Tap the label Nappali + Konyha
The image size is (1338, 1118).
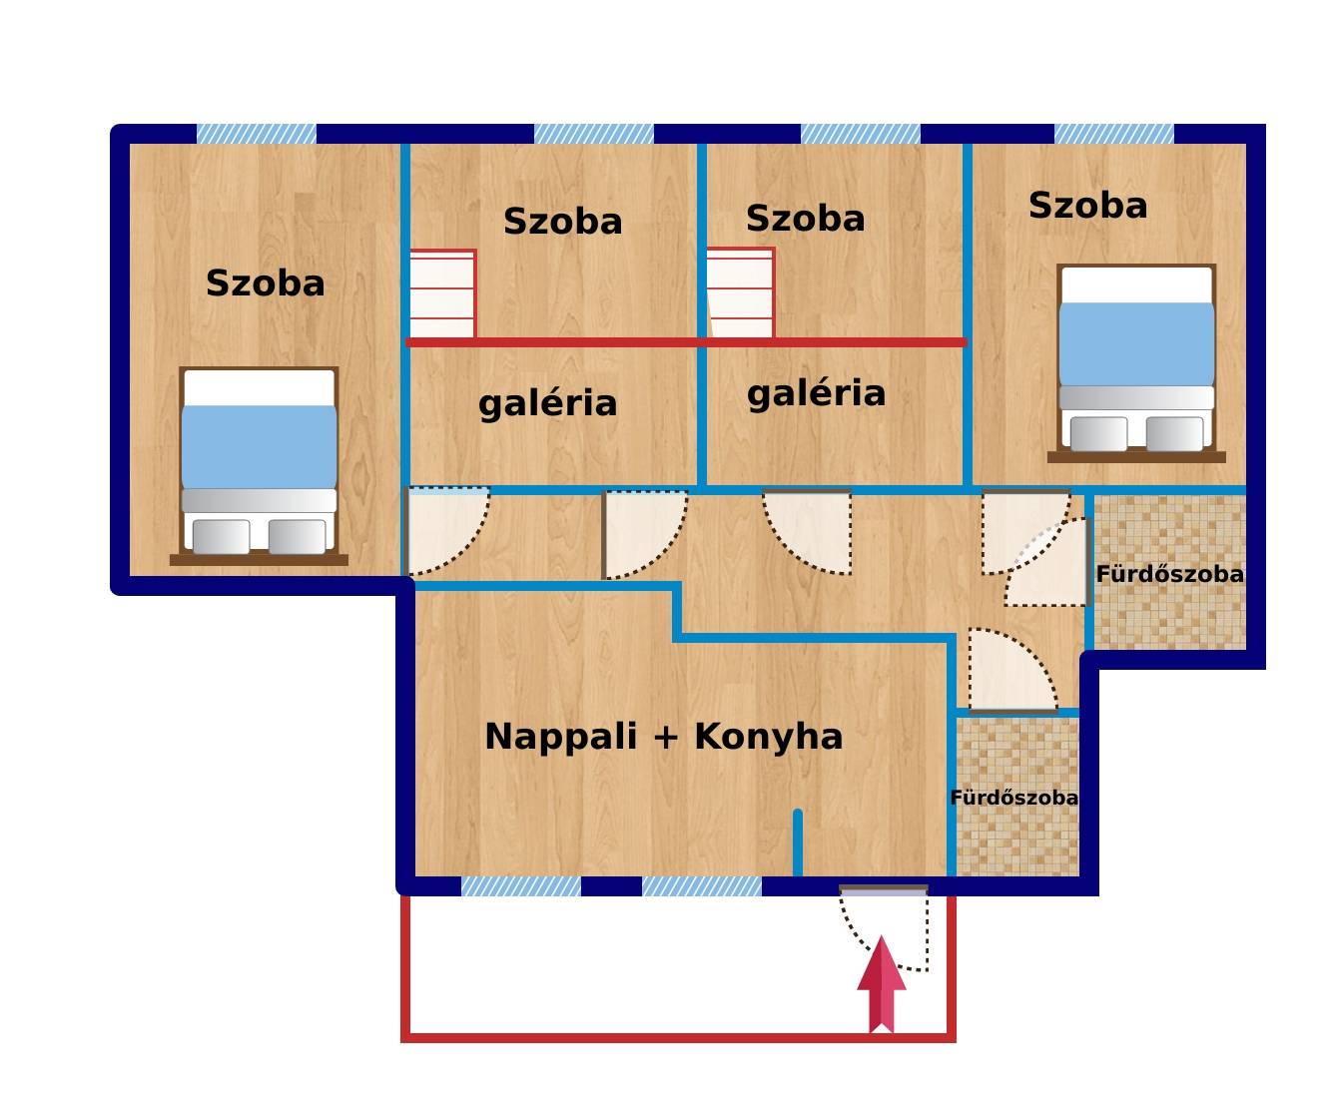664,737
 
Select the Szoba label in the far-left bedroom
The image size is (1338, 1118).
266,283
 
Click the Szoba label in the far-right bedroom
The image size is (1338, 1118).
1087,206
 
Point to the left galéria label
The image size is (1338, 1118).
548,403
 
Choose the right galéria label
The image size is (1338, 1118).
817,393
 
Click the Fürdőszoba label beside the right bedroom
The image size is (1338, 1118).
1170,574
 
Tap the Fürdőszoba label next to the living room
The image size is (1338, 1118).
1013,798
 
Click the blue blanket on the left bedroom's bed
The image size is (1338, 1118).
259,446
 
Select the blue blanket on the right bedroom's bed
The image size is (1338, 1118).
1136,344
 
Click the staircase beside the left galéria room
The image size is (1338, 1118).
442,293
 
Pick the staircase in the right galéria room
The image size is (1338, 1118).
741,292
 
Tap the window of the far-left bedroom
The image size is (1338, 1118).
257,134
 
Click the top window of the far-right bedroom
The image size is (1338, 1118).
1114,134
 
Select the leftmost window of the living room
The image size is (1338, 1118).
521,886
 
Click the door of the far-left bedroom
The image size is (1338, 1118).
448,531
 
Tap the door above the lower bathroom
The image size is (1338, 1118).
1013,671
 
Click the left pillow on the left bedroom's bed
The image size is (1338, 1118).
221,537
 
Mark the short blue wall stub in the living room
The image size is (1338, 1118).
798,843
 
